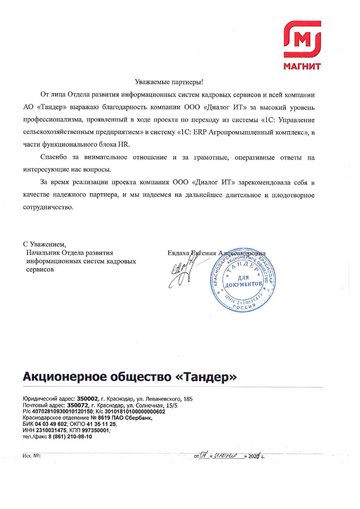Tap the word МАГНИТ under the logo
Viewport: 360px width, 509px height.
click(302, 66)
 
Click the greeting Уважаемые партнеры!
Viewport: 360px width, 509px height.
click(169, 82)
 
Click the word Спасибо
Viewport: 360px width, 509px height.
click(53, 158)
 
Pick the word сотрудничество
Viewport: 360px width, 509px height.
click(48, 208)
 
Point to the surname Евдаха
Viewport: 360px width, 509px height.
click(178, 253)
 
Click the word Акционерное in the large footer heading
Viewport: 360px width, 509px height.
click(64, 377)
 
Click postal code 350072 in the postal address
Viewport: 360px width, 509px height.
click(78, 405)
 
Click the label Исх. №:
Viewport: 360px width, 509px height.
click(31, 456)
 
